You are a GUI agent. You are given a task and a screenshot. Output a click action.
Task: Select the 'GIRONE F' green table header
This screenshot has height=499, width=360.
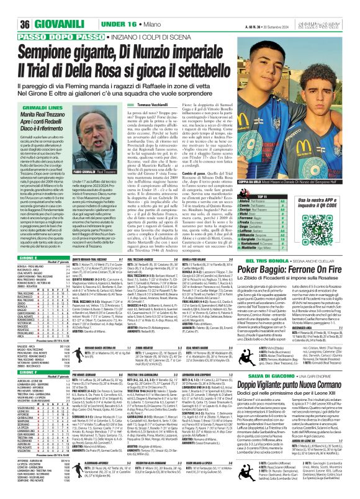pyautogui.click(x=12, y=336)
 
